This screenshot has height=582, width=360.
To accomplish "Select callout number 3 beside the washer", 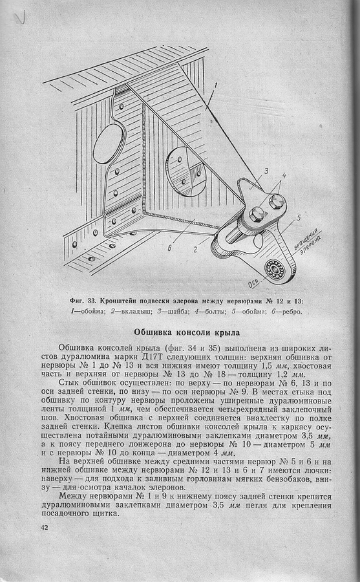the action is pyautogui.click(x=266, y=171).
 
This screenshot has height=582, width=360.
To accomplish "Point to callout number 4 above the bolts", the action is pyautogui.click(x=284, y=175).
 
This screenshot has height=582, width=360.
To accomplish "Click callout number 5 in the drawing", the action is pyautogui.click(x=299, y=217).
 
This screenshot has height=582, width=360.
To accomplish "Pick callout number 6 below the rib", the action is pyautogui.click(x=169, y=248).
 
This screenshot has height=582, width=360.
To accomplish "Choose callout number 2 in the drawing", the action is pyautogui.click(x=195, y=249).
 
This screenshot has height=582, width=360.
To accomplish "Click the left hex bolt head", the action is pyautogui.click(x=257, y=214).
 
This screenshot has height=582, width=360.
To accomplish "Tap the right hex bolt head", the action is pyautogui.click(x=277, y=202).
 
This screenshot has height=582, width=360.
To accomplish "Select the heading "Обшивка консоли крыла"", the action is pyautogui.click(x=187, y=332).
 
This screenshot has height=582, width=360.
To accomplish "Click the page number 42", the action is pyautogui.click(x=44, y=528).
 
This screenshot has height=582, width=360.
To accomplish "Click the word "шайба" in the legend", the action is pyautogui.click(x=177, y=312).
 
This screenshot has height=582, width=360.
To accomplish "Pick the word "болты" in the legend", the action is pyautogui.click(x=215, y=312).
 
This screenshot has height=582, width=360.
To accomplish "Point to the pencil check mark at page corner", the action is pyautogui.click(x=20, y=17).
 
